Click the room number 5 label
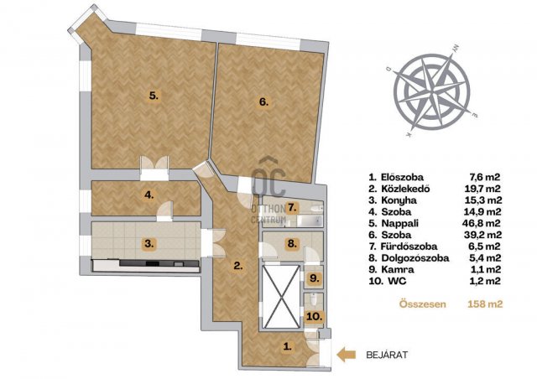[154, 96]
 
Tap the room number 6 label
[263, 101]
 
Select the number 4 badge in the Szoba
[149, 195]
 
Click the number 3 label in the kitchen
[149, 244]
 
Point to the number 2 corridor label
[238, 265]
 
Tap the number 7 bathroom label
[291, 207]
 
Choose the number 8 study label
[291, 244]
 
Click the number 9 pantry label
[314, 278]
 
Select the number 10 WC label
[315, 317]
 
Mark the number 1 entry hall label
[288, 346]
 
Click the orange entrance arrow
[346, 355]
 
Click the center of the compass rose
[432, 92]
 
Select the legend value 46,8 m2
[481, 223]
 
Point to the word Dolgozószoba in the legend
[415, 257]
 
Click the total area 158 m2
[485, 304]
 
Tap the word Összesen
[423, 304]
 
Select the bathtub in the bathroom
[310, 221]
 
